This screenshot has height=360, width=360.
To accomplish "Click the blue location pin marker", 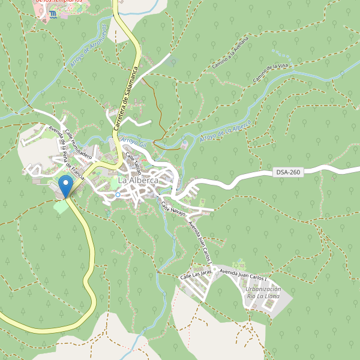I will (65, 185).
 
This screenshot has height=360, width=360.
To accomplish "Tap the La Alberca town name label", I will (138, 180).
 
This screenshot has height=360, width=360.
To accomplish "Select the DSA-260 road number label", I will (288, 172).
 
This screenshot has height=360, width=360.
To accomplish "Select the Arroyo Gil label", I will (134, 142).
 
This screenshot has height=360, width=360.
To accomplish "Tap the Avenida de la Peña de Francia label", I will (66, 155).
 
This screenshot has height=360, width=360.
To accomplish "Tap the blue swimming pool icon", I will (53, 13).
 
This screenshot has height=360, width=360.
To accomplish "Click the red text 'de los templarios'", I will (59, 2).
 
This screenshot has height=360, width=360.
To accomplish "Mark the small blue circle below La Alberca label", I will (118, 194).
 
